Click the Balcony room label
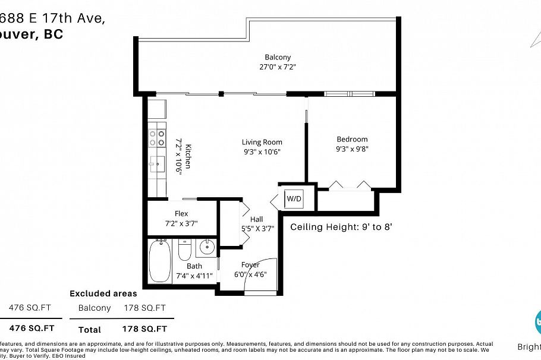[x=278, y=57]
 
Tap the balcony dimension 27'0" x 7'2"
[x=278, y=67]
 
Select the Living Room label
[x=262, y=142]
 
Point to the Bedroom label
[x=351, y=140]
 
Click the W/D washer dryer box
[x=294, y=198]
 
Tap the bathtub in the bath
[x=159, y=261]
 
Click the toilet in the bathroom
[x=184, y=251]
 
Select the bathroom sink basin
[x=206, y=247]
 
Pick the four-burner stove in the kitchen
[x=157, y=138]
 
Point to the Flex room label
[x=181, y=214]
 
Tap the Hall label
[x=256, y=219]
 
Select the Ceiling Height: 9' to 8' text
[x=341, y=227]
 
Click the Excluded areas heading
[x=103, y=293]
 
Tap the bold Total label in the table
[x=89, y=329]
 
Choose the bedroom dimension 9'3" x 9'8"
[x=351, y=149]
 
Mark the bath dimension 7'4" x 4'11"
[x=194, y=276]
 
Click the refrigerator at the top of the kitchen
[x=157, y=109]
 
